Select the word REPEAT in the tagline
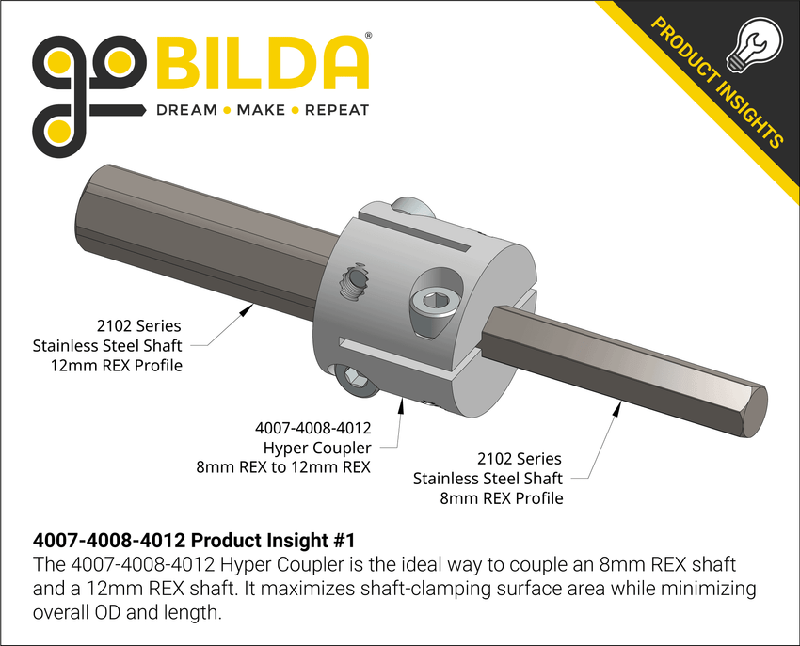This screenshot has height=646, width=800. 336,111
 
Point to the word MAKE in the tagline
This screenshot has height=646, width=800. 261,111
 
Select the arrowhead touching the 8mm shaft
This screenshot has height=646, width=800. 618,405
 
